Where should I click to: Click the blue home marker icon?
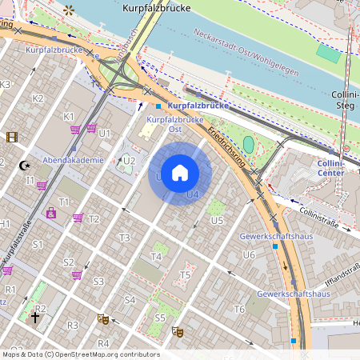[180, 173]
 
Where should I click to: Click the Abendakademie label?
[74, 160]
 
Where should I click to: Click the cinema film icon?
[11, 137]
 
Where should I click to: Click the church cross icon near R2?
[34, 318]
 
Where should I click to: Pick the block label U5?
[216, 220]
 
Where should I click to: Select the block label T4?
[157, 257]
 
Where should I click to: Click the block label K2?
[38, 98]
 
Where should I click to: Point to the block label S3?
[98, 282]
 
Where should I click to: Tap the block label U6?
[249, 255]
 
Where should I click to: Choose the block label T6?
[238, 310]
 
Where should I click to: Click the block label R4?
[102, 343]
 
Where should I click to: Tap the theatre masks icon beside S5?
[178, 330]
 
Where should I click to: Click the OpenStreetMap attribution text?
[80, 354]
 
